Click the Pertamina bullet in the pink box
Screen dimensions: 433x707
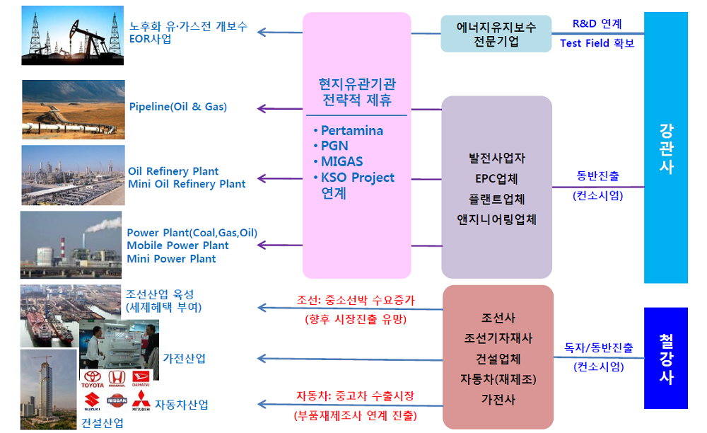351,131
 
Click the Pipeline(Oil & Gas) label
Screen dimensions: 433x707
178,107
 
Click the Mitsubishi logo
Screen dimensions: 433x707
141,400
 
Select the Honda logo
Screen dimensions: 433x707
117,380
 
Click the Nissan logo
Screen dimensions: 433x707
117,400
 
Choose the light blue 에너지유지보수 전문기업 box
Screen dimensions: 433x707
496,34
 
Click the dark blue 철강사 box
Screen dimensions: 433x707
665,358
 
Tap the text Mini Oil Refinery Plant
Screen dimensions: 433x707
187,184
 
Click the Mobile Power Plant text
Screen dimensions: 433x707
177,246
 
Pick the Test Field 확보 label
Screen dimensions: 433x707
597,43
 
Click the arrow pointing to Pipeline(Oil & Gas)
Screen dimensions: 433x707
279,108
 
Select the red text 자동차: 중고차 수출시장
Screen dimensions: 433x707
356,396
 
